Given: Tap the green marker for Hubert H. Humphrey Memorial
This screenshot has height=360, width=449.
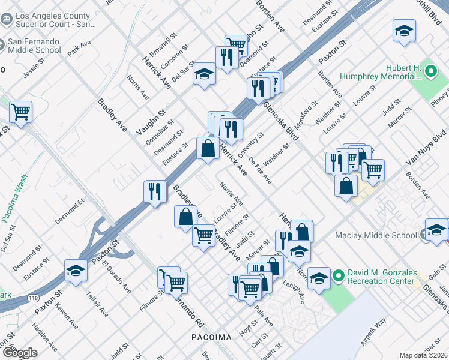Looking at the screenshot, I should tap(430, 73).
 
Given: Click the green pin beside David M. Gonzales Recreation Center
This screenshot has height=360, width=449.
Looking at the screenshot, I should tap(337, 277).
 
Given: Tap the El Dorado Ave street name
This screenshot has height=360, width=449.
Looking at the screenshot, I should tap(116, 277).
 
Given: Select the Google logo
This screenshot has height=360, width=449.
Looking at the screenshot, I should tap(19, 352).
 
